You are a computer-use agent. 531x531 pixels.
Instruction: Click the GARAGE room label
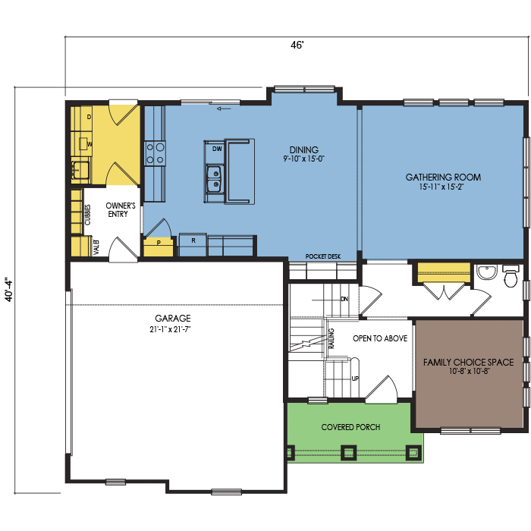point(173,319)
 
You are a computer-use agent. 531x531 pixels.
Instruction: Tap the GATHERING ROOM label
point(443,177)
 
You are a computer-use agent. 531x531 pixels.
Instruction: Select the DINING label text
point(303,149)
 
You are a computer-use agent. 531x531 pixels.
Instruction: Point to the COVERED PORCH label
point(350,427)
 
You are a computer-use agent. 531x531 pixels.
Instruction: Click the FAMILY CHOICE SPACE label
point(468,363)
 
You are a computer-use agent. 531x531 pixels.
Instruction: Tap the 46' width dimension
point(297,45)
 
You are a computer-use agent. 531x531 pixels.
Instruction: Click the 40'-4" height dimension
point(8,290)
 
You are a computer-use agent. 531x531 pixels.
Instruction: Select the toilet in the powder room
point(511,276)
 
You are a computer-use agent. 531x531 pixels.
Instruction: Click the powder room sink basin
point(487,272)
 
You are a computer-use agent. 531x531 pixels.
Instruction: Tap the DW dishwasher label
point(217,149)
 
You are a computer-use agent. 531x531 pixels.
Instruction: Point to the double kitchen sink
point(215,179)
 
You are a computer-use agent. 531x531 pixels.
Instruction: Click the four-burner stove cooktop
point(155,153)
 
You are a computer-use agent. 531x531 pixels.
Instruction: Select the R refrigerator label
point(193,240)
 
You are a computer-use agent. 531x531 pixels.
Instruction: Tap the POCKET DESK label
point(322,256)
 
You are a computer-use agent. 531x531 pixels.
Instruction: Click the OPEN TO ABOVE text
point(380,338)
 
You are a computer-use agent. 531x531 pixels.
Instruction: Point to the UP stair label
point(355,379)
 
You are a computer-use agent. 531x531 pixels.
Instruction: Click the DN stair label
point(344,299)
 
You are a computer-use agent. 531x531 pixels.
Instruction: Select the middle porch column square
point(348,452)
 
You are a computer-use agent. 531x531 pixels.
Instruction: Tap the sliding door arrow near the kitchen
point(224,108)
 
